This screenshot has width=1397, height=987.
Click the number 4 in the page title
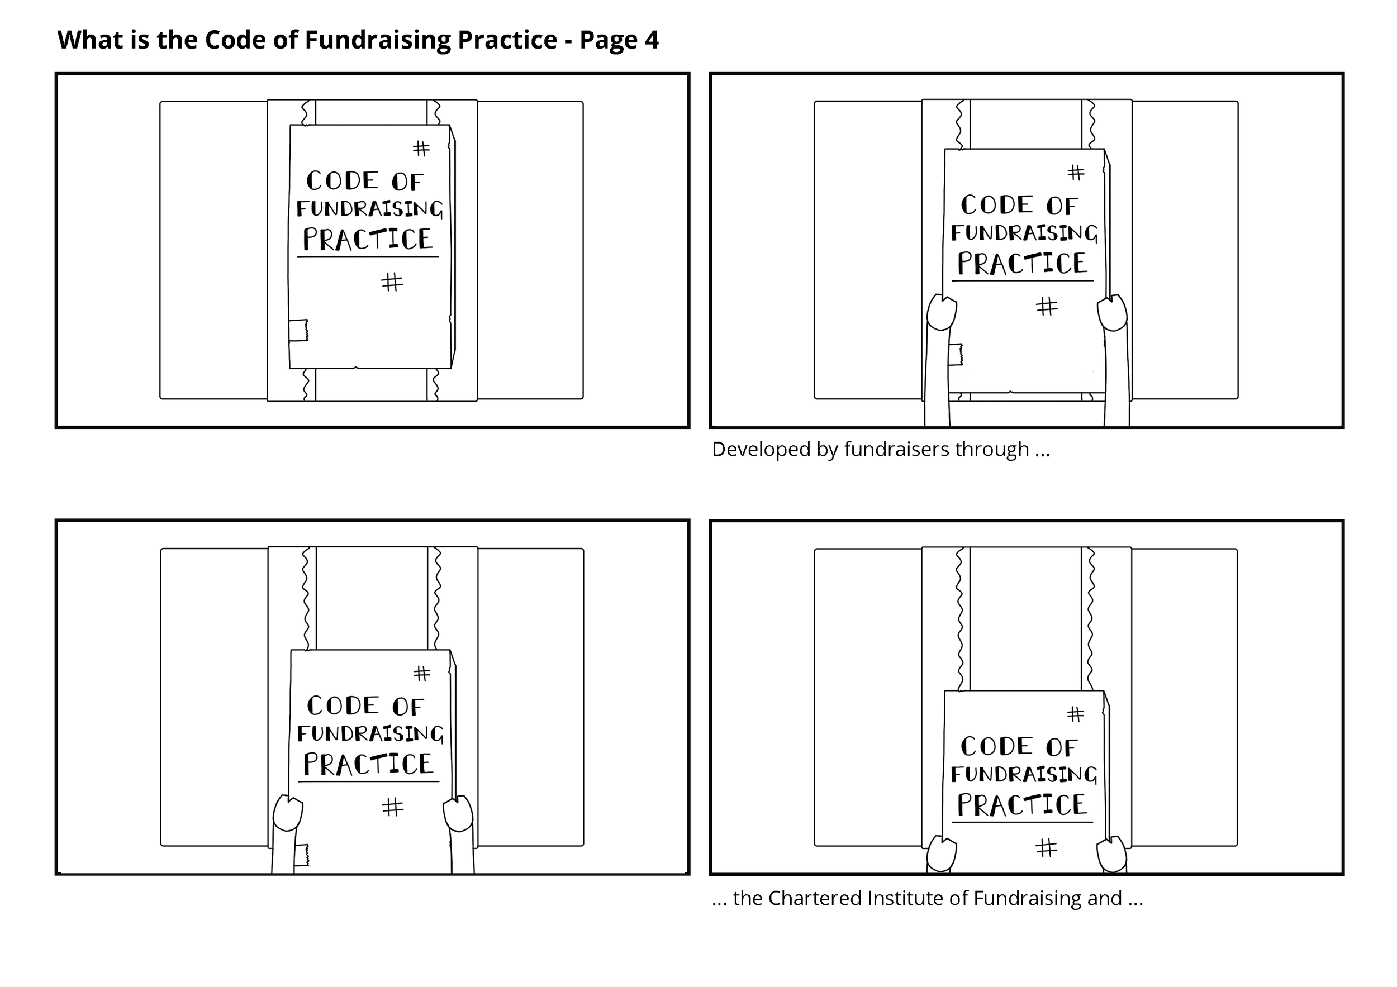(x=651, y=40)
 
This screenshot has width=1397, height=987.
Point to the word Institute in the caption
(x=903, y=898)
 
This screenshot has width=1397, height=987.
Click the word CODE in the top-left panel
(x=342, y=180)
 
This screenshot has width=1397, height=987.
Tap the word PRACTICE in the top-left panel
(x=368, y=239)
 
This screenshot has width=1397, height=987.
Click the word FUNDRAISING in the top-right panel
(x=1024, y=233)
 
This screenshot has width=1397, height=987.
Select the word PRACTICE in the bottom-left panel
(x=369, y=765)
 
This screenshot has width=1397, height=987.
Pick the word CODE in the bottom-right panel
(x=997, y=746)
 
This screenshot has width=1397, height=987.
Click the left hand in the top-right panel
(x=941, y=313)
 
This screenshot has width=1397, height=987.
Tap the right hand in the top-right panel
(x=1112, y=313)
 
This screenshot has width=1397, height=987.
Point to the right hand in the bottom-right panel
(x=1112, y=854)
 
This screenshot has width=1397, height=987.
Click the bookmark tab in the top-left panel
(x=298, y=330)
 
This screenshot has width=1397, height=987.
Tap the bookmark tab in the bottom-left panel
(x=302, y=855)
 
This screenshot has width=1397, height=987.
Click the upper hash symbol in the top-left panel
(x=421, y=149)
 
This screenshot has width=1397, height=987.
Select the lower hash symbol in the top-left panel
(x=392, y=282)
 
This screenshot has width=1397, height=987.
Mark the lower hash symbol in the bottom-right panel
(x=1047, y=847)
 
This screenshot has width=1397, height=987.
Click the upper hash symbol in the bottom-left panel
(x=422, y=673)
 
